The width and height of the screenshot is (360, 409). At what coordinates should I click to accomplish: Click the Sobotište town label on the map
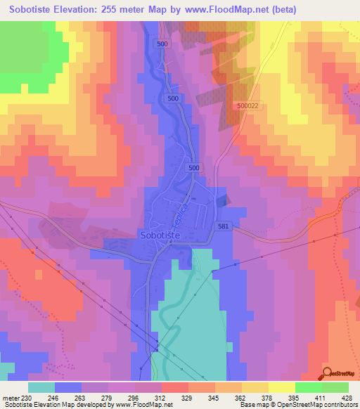point(163,236)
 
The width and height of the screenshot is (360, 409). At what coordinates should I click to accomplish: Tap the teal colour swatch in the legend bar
point(41,387)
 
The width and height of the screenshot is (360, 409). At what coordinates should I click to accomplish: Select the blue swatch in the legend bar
point(68,387)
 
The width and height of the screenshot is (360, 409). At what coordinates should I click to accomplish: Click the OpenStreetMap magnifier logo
point(326,373)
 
